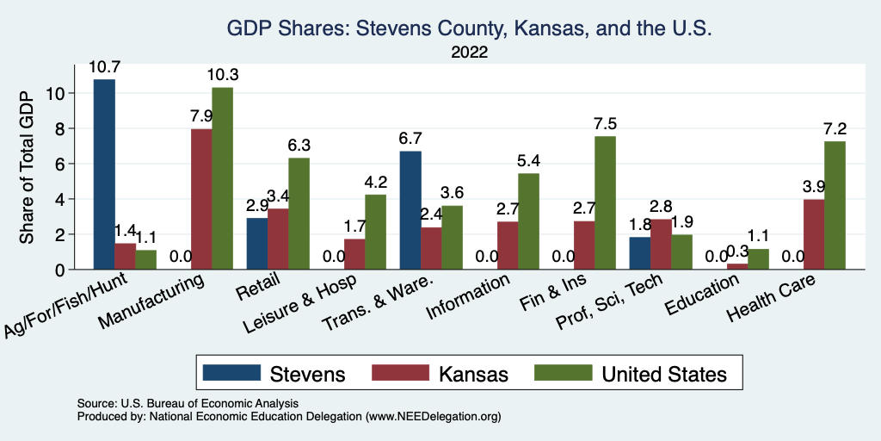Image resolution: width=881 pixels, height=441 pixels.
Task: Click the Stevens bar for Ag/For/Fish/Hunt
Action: pos(105,174)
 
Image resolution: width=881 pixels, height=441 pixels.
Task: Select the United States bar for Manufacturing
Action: pos(222,178)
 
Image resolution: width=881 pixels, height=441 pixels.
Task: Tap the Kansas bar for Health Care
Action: pos(815,234)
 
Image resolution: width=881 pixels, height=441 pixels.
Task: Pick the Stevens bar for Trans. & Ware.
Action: pos(411,210)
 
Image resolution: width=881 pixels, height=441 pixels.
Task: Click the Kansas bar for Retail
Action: pos(278,239)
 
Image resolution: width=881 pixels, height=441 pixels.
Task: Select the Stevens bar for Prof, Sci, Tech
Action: pos(640,253)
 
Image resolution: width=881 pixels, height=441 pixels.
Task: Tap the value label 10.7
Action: pos(105,66)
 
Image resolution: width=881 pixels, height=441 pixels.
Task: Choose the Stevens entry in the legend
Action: pos(275,374)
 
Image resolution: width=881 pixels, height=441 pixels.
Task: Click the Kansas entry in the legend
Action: pos(441,374)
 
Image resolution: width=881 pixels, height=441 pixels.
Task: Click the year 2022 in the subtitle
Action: pos(469,53)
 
